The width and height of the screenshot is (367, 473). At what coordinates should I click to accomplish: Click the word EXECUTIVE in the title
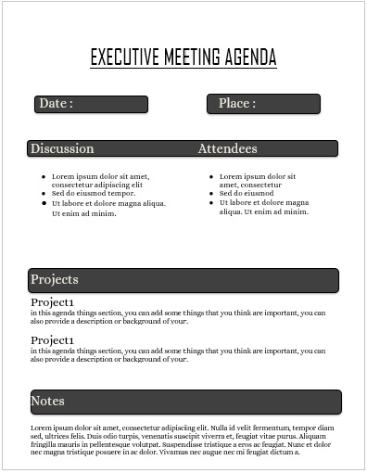[x=125, y=58]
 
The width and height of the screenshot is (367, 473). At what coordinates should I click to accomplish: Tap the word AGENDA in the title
[x=250, y=58]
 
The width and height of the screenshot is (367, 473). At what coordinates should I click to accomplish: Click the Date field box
[x=91, y=104]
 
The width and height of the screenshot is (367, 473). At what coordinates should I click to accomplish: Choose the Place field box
[x=263, y=104]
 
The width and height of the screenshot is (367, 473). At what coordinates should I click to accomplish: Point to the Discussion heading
[x=62, y=148]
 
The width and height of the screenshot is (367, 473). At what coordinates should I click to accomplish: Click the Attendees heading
[x=227, y=148]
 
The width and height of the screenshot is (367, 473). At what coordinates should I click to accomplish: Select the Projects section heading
[x=55, y=279]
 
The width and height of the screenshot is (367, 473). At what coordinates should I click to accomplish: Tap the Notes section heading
[x=47, y=401]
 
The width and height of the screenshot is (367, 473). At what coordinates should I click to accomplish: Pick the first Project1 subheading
[x=52, y=302]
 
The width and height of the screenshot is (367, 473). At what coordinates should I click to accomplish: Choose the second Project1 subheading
[x=52, y=340]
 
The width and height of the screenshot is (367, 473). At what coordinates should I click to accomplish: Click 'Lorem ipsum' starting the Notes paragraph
[x=52, y=428]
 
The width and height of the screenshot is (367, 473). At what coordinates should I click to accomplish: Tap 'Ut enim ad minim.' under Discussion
[x=83, y=213]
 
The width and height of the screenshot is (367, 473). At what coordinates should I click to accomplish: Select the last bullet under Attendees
[x=263, y=207]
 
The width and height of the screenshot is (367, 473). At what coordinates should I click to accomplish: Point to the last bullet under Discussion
[x=108, y=203]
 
